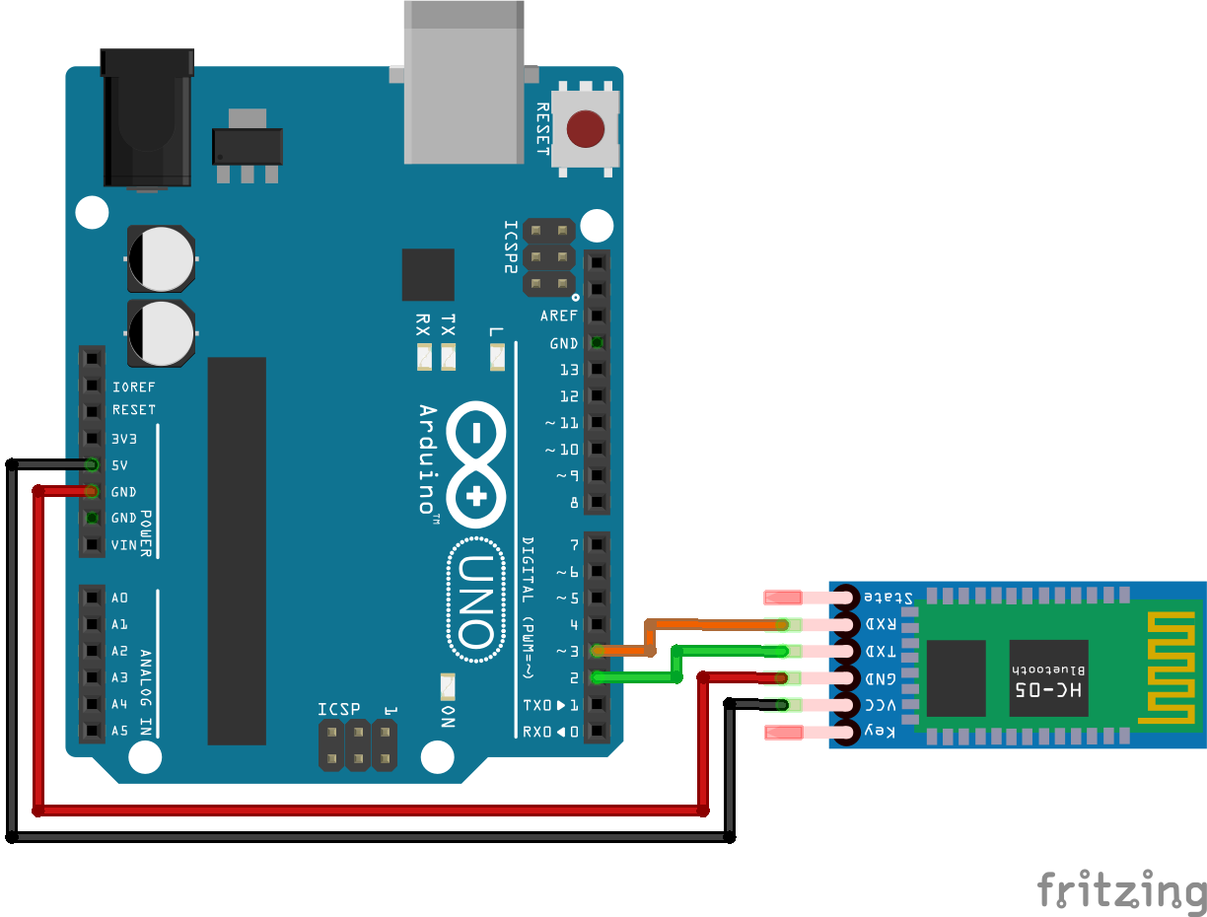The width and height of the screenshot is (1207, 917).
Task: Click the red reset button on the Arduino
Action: tap(585, 129)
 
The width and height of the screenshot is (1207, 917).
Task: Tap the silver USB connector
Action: tap(463, 83)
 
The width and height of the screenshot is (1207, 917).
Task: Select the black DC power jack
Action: tap(147, 117)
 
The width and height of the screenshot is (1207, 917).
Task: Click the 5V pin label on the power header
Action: tap(119, 465)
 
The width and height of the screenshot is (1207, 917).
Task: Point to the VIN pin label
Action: tap(123, 545)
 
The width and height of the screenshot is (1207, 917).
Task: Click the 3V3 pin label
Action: tap(123, 439)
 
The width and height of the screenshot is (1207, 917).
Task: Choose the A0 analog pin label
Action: tap(119, 598)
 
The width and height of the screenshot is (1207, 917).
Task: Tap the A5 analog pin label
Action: tap(119, 731)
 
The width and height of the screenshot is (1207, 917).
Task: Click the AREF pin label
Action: tap(559, 316)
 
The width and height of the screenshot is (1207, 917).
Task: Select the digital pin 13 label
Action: tap(569, 370)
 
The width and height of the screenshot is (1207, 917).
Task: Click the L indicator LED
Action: tap(497, 357)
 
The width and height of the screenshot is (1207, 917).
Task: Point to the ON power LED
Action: tap(448, 686)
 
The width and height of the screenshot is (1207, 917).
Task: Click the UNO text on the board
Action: tap(476, 600)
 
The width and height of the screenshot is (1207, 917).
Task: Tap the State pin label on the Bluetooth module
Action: tap(887, 598)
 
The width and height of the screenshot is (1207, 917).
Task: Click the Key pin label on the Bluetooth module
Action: tap(880, 731)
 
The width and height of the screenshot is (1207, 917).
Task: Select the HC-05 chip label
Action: tap(1048, 689)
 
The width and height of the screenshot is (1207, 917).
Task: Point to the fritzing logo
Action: tap(1121, 890)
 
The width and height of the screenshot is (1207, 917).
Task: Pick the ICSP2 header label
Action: tap(511, 247)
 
